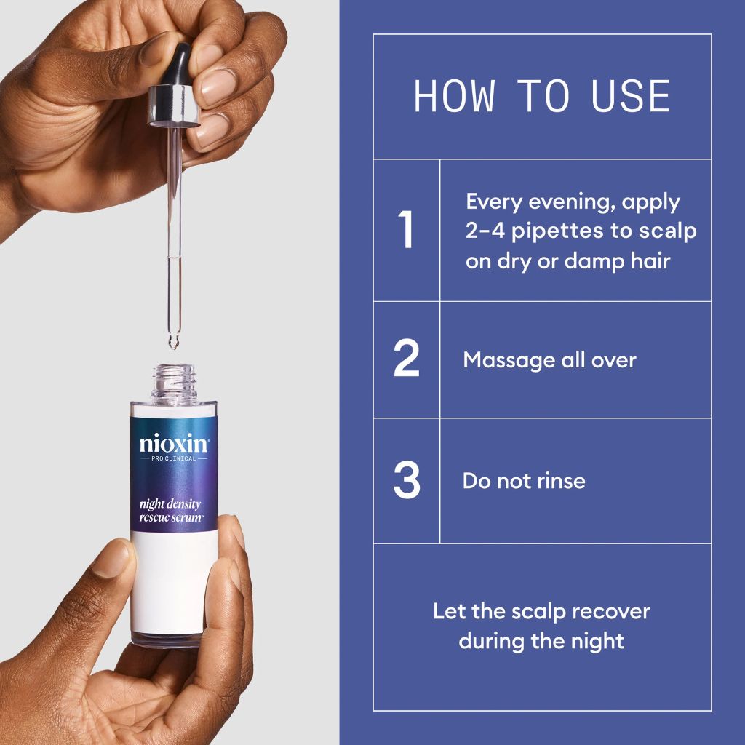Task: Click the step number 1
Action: pyautogui.click(x=407, y=230)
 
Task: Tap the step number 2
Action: pyautogui.click(x=407, y=359)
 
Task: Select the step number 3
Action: pyautogui.click(x=407, y=480)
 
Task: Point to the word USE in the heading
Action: pyautogui.click(x=631, y=97)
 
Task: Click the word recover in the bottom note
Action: pyautogui.click(x=611, y=611)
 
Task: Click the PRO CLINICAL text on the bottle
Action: pyautogui.click(x=174, y=460)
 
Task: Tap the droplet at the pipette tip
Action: pyautogui.click(x=173, y=342)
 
